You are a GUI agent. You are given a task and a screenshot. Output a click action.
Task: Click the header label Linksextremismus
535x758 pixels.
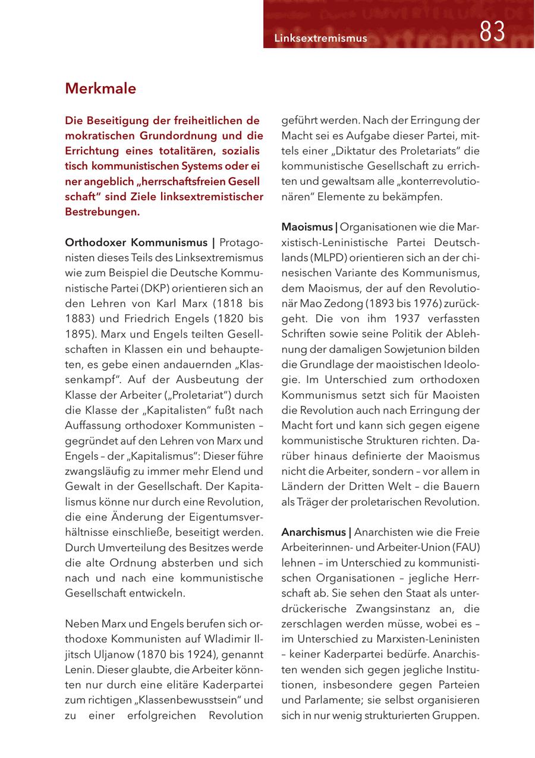point(320,39)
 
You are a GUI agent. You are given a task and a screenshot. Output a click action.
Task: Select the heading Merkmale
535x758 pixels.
point(100,89)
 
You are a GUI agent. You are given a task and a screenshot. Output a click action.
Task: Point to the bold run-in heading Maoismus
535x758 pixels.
point(307,227)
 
